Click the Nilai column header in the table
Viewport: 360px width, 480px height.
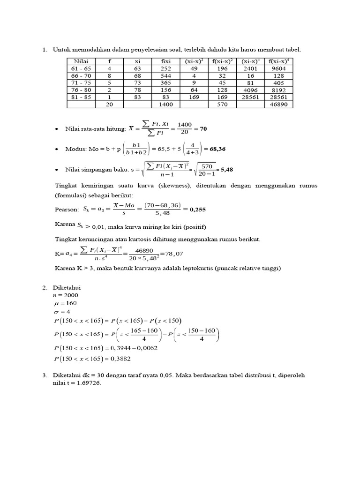(x=81, y=61)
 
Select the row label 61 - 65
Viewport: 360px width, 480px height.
(x=81, y=68)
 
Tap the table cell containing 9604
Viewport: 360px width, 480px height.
(x=280, y=68)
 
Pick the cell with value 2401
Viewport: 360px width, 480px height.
(x=251, y=68)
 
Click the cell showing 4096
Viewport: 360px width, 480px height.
(x=251, y=90)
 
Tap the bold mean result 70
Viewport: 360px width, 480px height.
(x=203, y=128)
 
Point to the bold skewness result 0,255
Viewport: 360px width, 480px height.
(x=197, y=210)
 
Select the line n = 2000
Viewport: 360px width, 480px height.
(x=66, y=295)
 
